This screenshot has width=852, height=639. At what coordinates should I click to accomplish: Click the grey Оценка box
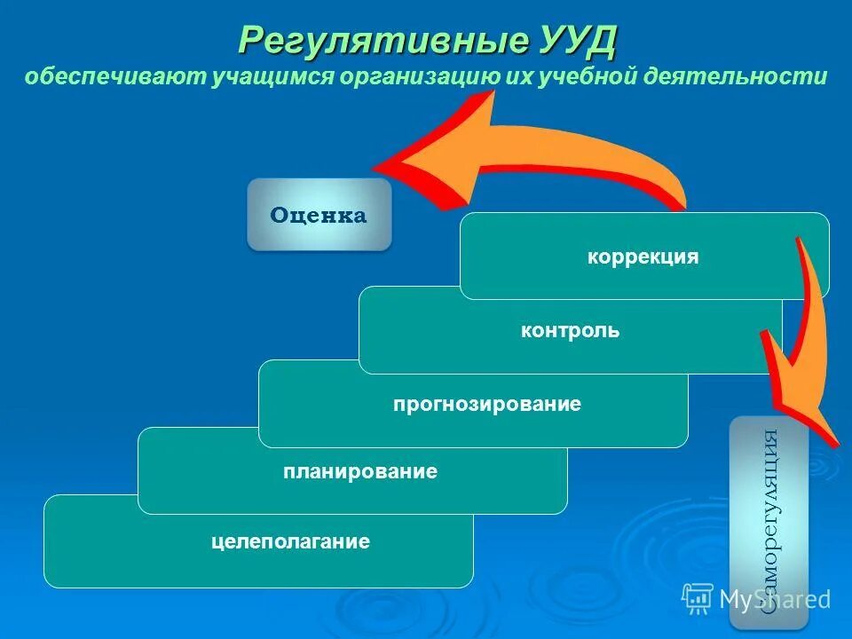pos(319,215)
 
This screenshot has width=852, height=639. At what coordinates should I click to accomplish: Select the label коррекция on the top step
pos(643,257)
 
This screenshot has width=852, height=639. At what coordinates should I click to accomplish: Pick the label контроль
pos(570,331)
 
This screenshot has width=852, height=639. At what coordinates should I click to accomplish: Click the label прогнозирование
pos(487,405)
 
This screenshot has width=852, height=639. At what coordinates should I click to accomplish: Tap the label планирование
pos(360,471)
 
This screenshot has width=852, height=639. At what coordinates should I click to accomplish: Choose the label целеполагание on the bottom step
pos(290,540)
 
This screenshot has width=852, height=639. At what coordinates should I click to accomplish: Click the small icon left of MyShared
pos(698,598)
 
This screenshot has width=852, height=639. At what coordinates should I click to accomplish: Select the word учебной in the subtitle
pos(585,76)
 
